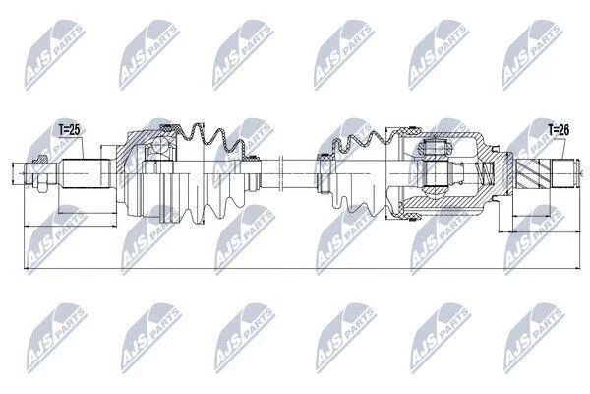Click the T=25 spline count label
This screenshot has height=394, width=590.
click(x=70, y=130)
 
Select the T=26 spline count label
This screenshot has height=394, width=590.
click(x=559, y=130)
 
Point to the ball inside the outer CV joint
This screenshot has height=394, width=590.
click(x=160, y=144)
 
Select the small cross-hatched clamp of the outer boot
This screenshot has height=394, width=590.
click(x=250, y=157)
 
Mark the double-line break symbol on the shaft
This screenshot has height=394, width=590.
click(x=280, y=173)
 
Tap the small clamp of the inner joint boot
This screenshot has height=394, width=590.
click(x=324, y=158)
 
